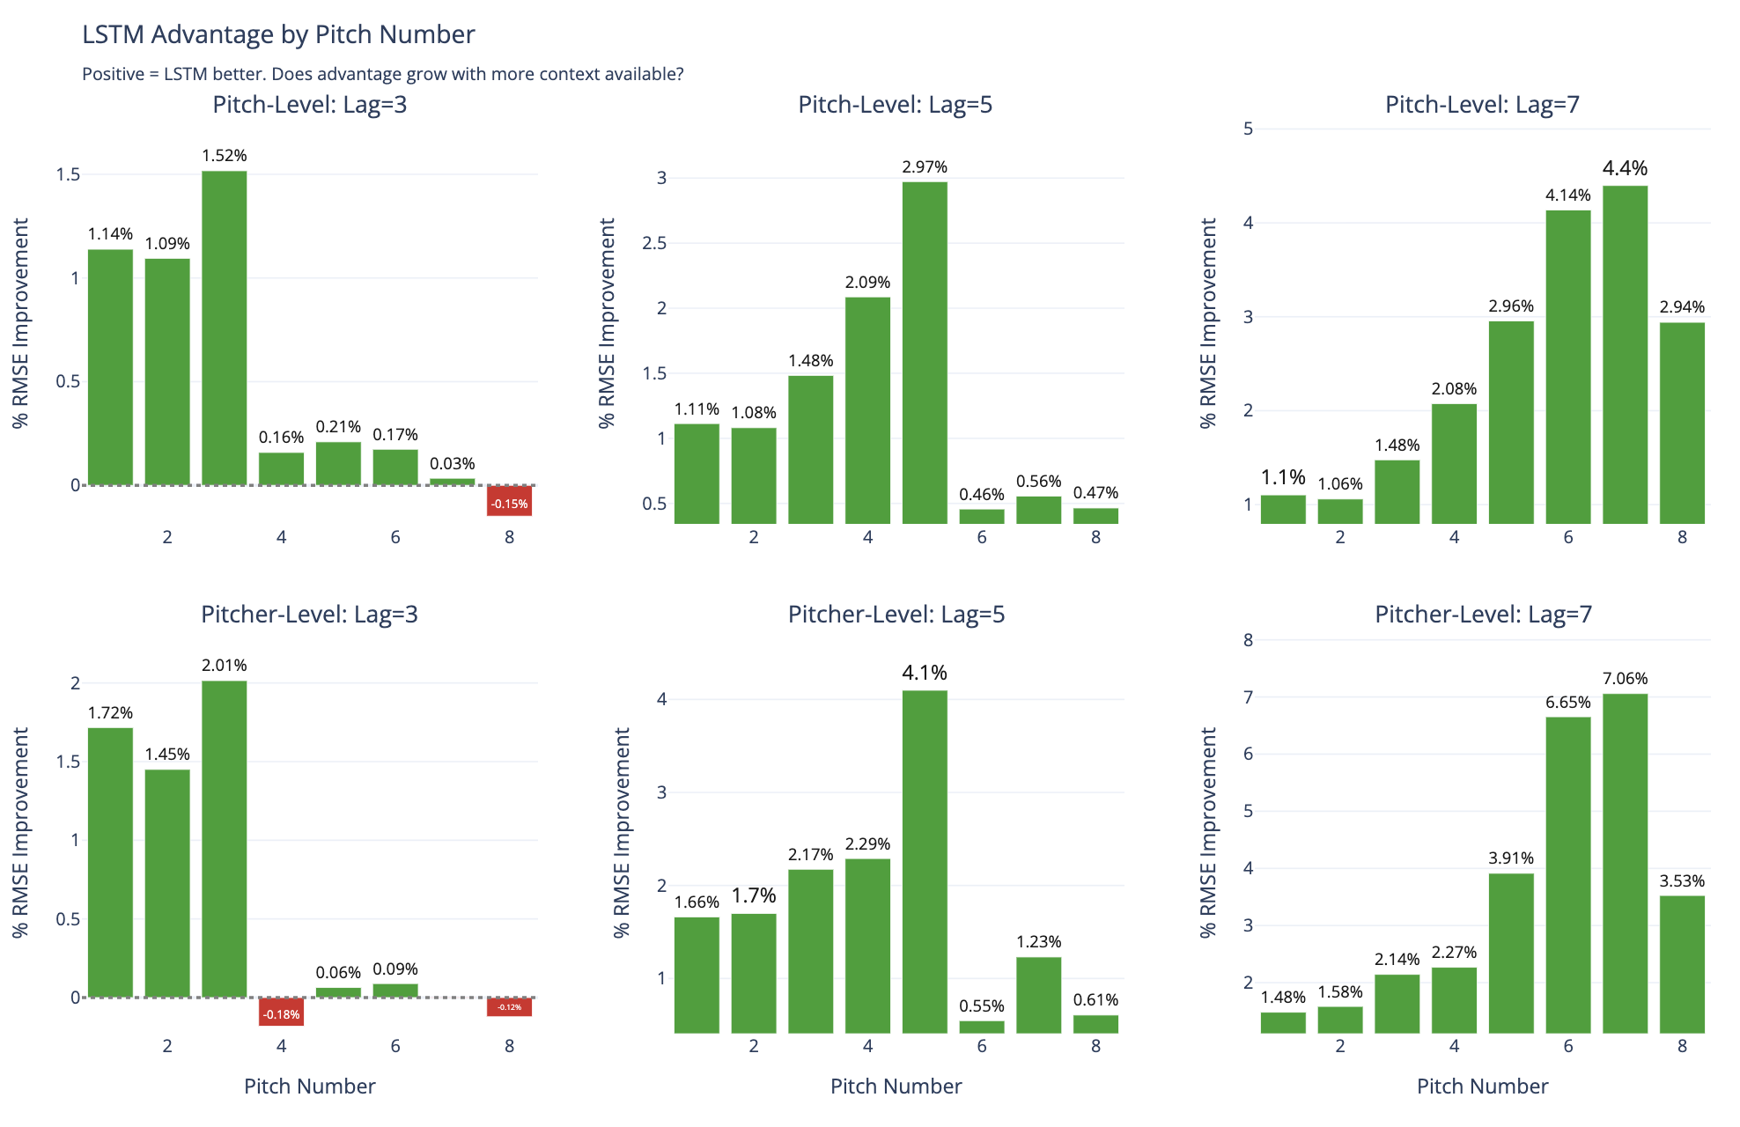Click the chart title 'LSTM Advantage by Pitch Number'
pyautogui.click(x=278, y=34)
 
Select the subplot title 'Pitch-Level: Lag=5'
pyautogui.click(x=895, y=105)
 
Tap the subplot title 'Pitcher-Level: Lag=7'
pyautogui.click(x=1483, y=615)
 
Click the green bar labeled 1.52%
pyautogui.click(x=224, y=328)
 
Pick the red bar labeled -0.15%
pyautogui.click(x=509, y=500)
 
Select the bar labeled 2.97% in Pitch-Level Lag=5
pyautogui.click(x=925, y=352)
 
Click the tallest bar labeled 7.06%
pyautogui.click(x=1625, y=863)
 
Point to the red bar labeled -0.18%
pyautogui.click(x=281, y=1011)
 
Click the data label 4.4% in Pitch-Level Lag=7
pyautogui.click(x=1625, y=168)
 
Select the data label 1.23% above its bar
pyautogui.click(x=1039, y=942)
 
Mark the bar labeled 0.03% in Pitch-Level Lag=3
pyautogui.click(x=452, y=482)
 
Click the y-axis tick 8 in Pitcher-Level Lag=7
pyautogui.click(x=1248, y=640)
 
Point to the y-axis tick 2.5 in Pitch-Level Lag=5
pyautogui.click(x=654, y=243)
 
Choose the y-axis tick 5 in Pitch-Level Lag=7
pyautogui.click(x=1248, y=129)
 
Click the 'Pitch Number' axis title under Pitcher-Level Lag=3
pyautogui.click(x=309, y=1086)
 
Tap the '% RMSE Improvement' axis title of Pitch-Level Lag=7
pyautogui.click(x=1208, y=323)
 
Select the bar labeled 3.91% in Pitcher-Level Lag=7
pyautogui.click(x=1511, y=953)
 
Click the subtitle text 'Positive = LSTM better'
pyautogui.click(x=173, y=74)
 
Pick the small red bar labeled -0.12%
pyautogui.click(x=509, y=1006)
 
